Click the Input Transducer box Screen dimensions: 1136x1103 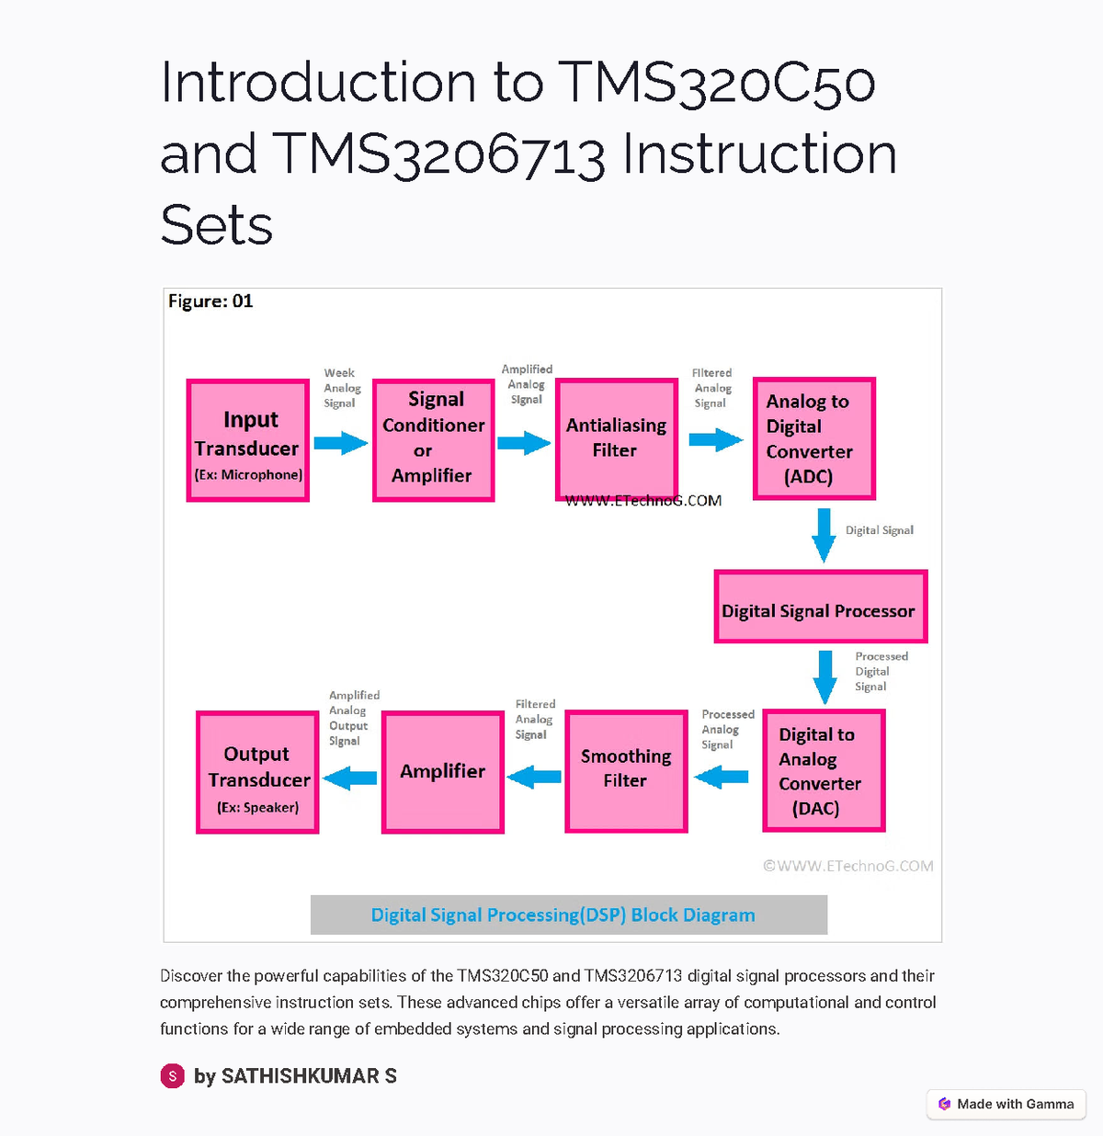pyautogui.click(x=248, y=441)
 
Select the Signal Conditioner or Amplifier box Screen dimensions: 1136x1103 pyautogui.click(x=434, y=440)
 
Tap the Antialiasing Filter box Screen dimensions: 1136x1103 pyautogui.click(x=617, y=439)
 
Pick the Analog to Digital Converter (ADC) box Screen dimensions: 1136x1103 pyautogui.click(x=813, y=438)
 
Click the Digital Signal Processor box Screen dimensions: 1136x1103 pyautogui.click(x=820, y=607)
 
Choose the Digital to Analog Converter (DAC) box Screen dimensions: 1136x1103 pyautogui.click(x=824, y=771)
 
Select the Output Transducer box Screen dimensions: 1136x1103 pyautogui.click(x=258, y=773)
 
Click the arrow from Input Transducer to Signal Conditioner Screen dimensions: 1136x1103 pyautogui.click(x=340, y=444)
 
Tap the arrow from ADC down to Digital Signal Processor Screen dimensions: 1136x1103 pyautogui.click(x=824, y=534)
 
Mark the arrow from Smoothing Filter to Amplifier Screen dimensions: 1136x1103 pyautogui.click(x=534, y=778)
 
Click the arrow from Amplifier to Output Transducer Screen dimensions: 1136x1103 pyautogui.click(x=350, y=778)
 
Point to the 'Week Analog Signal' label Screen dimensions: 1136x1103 pyautogui.click(x=341, y=388)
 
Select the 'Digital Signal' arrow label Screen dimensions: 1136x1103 pyautogui.click(x=880, y=530)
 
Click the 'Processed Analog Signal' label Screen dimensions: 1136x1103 pyautogui.click(x=727, y=730)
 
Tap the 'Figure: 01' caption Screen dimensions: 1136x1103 pyautogui.click(x=210, y=301)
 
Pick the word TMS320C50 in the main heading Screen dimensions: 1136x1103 pyautogui.click(x=716, y=83)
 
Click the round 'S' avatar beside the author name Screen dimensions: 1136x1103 pyautogui.click(x=173, y=1075)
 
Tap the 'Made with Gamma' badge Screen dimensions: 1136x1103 pyautogui.click(x=1006, y=1104)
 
